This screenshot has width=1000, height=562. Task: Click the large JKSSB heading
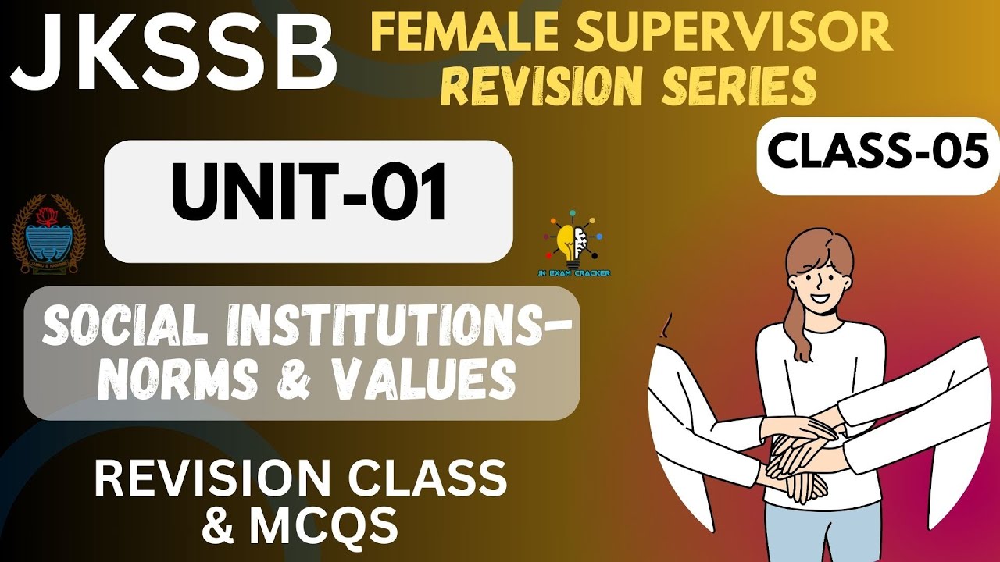pos(173,55)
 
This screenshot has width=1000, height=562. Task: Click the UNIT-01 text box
pos(309,201)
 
